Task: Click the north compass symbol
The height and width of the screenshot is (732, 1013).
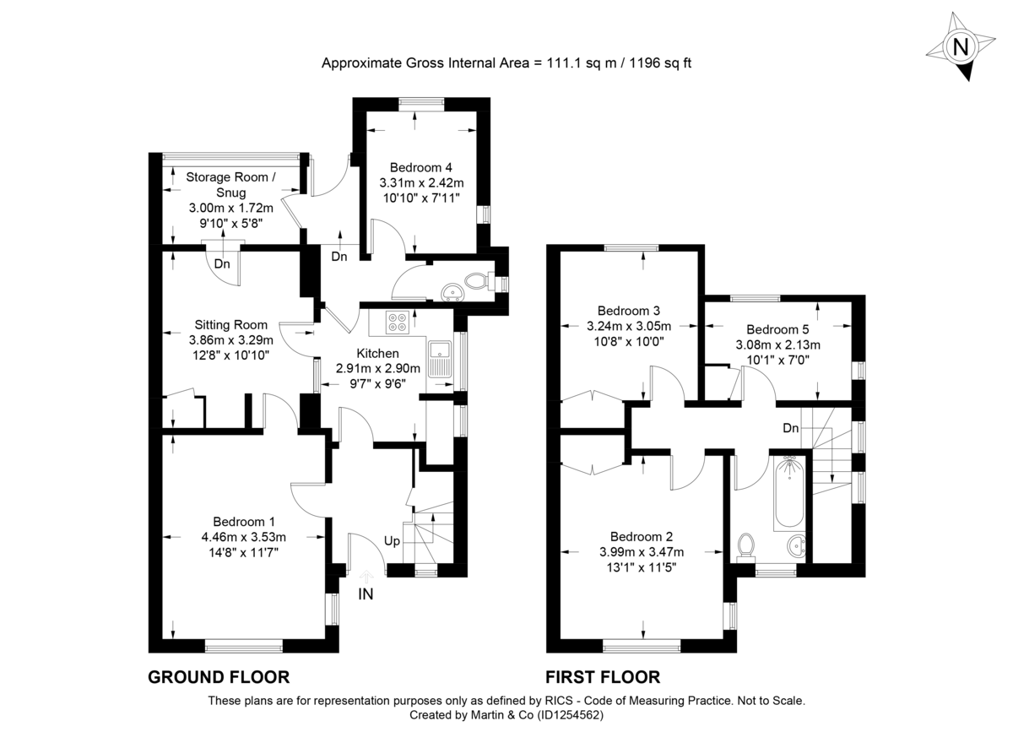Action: click(960, 47)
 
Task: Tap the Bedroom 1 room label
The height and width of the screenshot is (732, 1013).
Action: click(243, 521)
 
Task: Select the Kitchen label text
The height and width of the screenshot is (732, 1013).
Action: click(377, 353)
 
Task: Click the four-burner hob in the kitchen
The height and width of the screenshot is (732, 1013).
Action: click(398, 321)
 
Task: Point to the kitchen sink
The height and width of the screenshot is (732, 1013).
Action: click(440, 358)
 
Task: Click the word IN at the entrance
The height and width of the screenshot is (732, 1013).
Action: click(366, 594)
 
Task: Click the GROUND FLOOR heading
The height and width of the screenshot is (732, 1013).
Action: click(219, 677)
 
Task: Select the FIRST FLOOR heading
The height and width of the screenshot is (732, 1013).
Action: click(603, 677)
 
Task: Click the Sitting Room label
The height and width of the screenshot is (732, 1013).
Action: click(230, 325)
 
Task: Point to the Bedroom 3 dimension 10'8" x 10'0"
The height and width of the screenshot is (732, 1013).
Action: click(628, 341)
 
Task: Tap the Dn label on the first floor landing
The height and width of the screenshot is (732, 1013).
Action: click(790, 428)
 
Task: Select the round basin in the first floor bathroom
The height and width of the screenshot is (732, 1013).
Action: click(795, 548)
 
